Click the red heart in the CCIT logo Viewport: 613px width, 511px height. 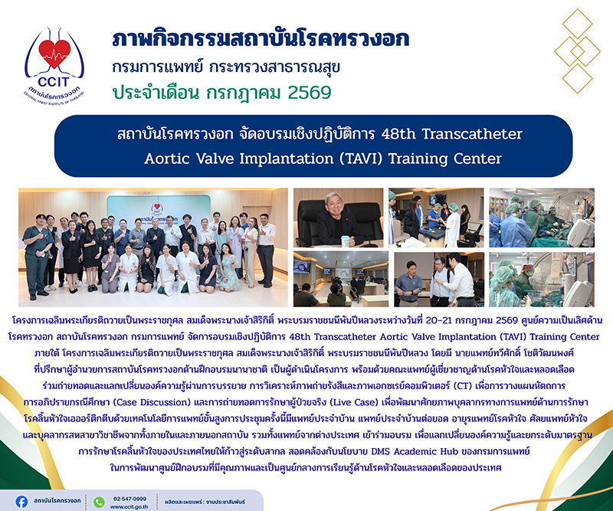pyautogui.click(x=54, y=53)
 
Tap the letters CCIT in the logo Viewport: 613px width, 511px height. pyautogui.click(x=54, y=82)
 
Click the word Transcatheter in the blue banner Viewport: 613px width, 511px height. pyautogui.click(x=472, y=134)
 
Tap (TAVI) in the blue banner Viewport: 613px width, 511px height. pyautogui.click(x=359, y=159)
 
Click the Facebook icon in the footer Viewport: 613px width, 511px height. pyautogui.click(x=21, y=502)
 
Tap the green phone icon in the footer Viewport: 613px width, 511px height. pyautogui.click(x=100, y=502)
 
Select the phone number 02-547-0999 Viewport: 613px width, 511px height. pyautogui.click(x=129, y=499)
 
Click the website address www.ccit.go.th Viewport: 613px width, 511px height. pyautogui.click(x=129, y=506)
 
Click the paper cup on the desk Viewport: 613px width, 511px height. pyautogui.click(x=346, y=241)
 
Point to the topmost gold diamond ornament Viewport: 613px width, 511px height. pyautogui.click(x=578, y=23)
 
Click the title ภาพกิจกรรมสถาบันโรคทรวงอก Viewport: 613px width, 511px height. pyautogui.click(x=261, y=39)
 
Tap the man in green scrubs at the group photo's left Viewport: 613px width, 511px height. pyautogui.click(x=37, y=256)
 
